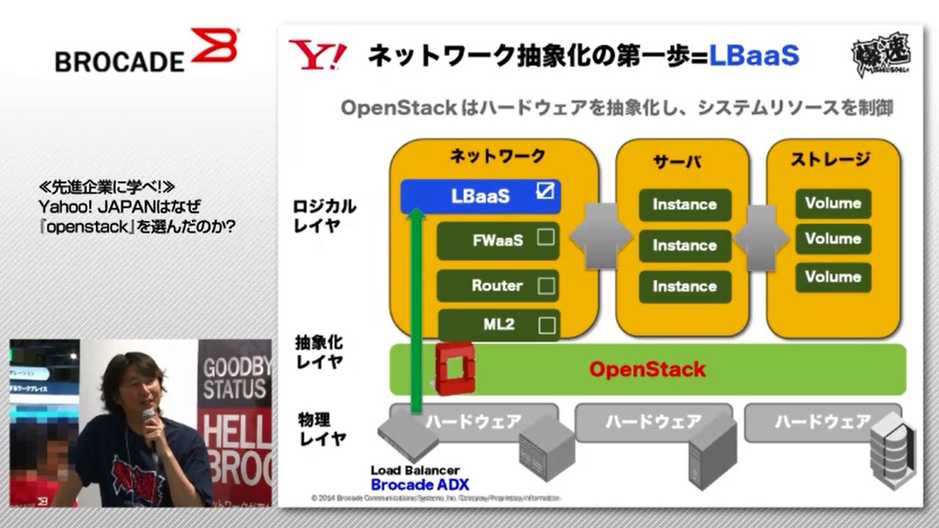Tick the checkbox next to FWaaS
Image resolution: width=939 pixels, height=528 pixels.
[546, 238]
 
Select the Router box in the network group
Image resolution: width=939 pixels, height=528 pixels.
[497, 286]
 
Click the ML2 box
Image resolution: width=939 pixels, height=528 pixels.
[499, 324]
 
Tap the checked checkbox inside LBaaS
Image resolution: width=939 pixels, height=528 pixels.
[544, 192]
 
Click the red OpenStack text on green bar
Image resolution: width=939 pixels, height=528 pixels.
[647, 369]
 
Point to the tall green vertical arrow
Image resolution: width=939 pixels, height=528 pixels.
[417, 308]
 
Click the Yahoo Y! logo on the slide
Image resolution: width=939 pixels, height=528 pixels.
[317, 56]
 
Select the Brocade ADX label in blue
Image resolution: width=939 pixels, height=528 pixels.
[420, 485]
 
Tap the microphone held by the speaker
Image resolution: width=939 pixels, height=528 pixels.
[149, 416]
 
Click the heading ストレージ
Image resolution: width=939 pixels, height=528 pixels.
[830, 159]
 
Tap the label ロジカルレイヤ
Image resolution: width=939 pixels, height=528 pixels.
[324, 216]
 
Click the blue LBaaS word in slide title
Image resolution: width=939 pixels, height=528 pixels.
[754, 56]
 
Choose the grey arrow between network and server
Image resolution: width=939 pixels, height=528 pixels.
[600, 236]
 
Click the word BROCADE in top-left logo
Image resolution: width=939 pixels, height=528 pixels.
[120, 62]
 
